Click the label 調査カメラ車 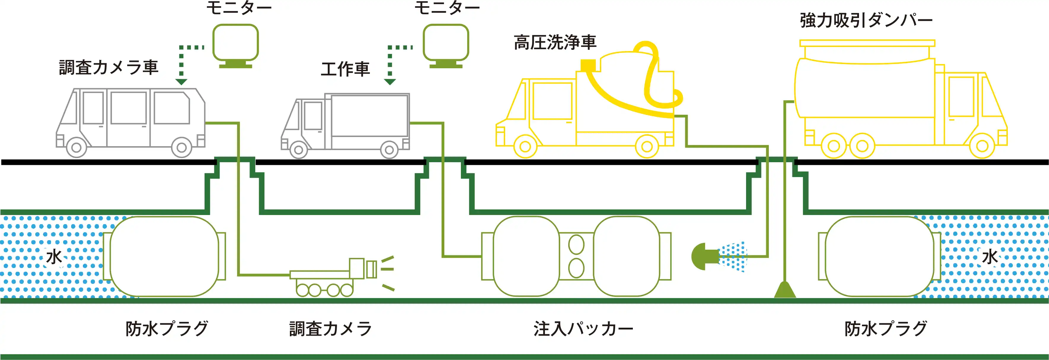pos(108,68)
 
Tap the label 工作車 pos(345,69)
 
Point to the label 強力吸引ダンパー pos(866,20)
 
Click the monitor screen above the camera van pos(235,42)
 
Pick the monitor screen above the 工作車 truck pos(446,42)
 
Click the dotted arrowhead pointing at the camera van pos(181,82)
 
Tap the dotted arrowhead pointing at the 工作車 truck pos(390,82)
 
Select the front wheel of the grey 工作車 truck pos(298,150)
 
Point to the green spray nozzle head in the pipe pos(705,257)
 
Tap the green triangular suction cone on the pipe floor pos(785,290)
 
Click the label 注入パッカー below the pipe pos(583,329)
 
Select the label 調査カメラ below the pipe pos(330,329)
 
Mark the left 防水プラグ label pos(167,329)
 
